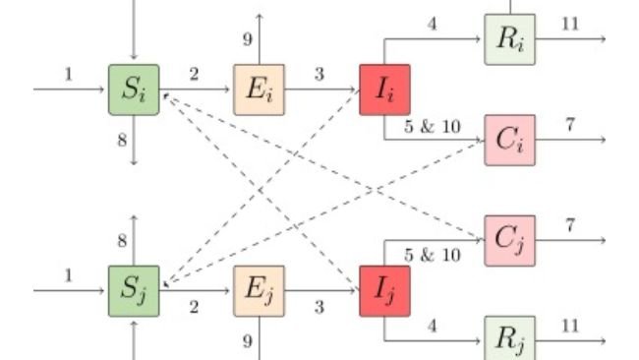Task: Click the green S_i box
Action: point(134,90)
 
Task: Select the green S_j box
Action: point(134,291)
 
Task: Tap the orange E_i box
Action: point(260,90)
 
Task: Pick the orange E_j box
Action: point(260,291)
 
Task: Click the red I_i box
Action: point(384,90)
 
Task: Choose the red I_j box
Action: point(384,291)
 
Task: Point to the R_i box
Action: point(510,39)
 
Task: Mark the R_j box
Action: point(510,340)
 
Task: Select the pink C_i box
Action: point(510,139)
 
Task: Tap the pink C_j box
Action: point(510,240)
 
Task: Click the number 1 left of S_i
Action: point(69,73)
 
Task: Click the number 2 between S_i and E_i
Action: point(194,73)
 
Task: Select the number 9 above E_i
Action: point(249,39)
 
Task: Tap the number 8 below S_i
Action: point(123,140)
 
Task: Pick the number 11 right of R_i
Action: point(570,23)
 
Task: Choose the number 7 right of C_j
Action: point(570,224)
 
